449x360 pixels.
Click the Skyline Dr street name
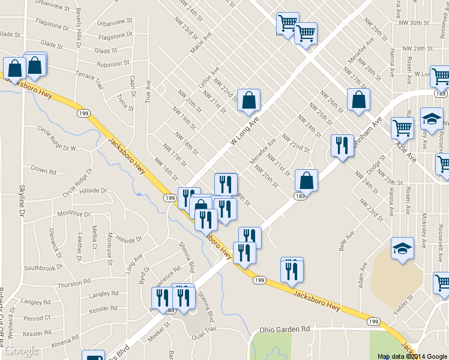coord(22,200)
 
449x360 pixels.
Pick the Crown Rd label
coord(43,170)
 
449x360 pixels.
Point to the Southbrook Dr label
coord(43,268)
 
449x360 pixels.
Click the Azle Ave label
coord(406,150)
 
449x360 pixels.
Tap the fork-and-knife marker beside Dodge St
coord(342,145)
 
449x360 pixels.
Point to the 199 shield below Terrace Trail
coord(83,113)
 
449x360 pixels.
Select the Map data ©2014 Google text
coord(412,356)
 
